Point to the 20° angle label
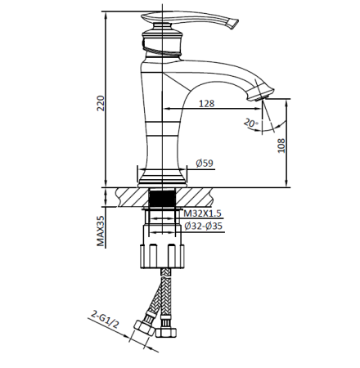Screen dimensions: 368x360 pyautogui.click(x=251, y=123)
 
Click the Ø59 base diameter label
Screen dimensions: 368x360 pyautogui.click(x=206, y=164)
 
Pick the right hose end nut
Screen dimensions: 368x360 pyautogui.click(x=169, y=333)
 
